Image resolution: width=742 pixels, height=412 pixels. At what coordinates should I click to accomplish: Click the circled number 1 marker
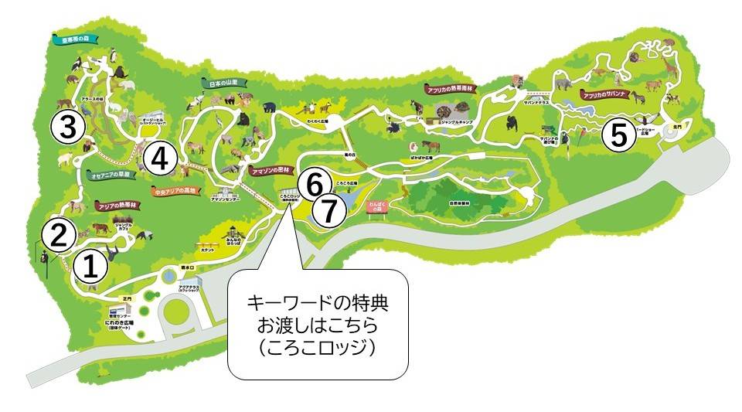click(90, 267)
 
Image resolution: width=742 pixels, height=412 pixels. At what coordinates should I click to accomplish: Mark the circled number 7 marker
click(328, 211)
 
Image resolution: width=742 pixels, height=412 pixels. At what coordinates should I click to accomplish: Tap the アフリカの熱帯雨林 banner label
click(451, 89)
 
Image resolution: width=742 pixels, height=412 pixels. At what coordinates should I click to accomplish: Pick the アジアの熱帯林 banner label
click(118, 206)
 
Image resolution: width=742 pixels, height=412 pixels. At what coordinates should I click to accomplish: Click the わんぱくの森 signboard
click(376, 209)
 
